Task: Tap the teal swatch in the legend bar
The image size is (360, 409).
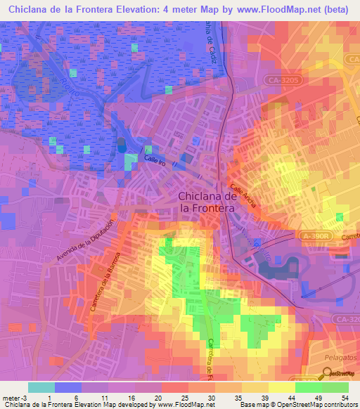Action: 41,387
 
